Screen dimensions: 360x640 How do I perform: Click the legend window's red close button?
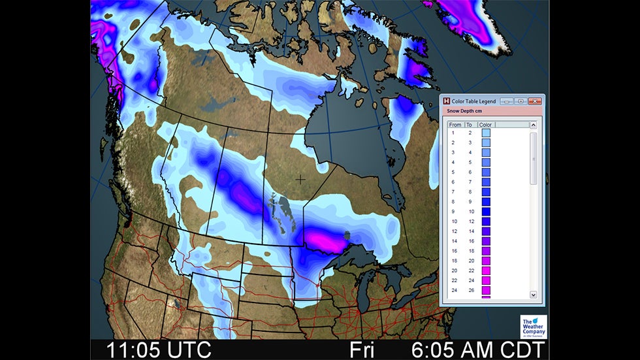pos(535,101)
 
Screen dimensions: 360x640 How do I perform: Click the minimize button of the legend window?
pos(506,101)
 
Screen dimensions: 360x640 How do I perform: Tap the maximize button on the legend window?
pos(520,101)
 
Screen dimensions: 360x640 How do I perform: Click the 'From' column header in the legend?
pos(455,124)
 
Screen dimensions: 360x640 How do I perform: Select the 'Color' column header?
pos(485,124)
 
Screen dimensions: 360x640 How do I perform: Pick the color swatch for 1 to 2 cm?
pos(486,133)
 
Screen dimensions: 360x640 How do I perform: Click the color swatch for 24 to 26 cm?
pos(486,290)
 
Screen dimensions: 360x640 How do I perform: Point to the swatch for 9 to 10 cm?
pos(486,212)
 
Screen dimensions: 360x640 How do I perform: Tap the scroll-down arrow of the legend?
pos(533,295)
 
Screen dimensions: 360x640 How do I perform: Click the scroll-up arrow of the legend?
pos(533,125)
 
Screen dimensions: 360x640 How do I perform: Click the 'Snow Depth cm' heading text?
pos(465,111)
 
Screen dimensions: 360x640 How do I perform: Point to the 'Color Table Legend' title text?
pos(474,101)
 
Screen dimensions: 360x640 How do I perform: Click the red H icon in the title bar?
pos(447,101)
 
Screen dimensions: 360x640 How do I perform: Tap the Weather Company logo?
pos(533,325)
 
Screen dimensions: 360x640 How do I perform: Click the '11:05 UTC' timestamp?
pos(159,350)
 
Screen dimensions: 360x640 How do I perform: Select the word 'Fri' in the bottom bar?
pos(362,350)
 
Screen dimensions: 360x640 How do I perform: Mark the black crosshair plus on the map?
pos(300,178)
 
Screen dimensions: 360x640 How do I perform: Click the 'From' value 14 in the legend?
pos(454,241)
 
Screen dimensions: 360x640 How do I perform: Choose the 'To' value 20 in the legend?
pos(469,261)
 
